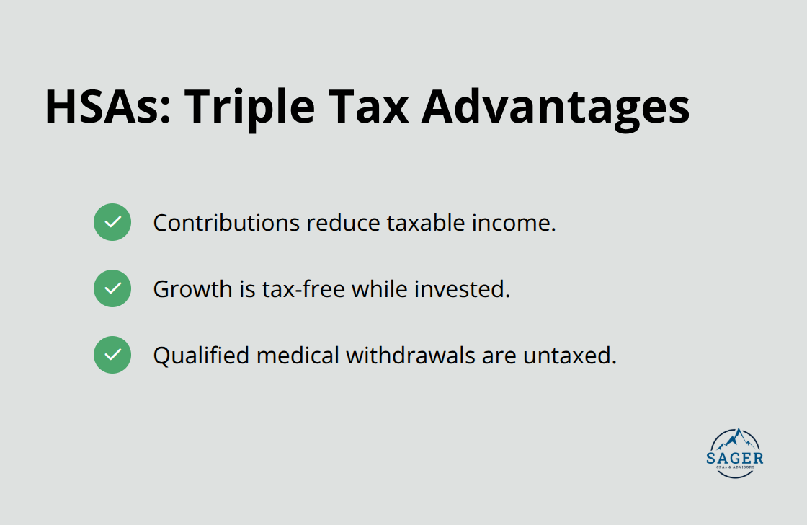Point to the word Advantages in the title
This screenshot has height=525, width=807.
[x=555, y=107]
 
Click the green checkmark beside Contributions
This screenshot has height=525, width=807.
[x=112, y=222]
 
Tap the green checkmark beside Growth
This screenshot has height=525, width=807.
[x=112, y=288]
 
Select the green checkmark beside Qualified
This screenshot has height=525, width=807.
[x=112, y=355]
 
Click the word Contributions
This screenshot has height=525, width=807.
[x=226, y=223]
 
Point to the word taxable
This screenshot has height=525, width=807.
[x=426, y=223]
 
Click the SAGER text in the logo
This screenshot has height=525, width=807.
[x=736, y=458]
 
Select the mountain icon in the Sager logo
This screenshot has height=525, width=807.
[x=736, y=438]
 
